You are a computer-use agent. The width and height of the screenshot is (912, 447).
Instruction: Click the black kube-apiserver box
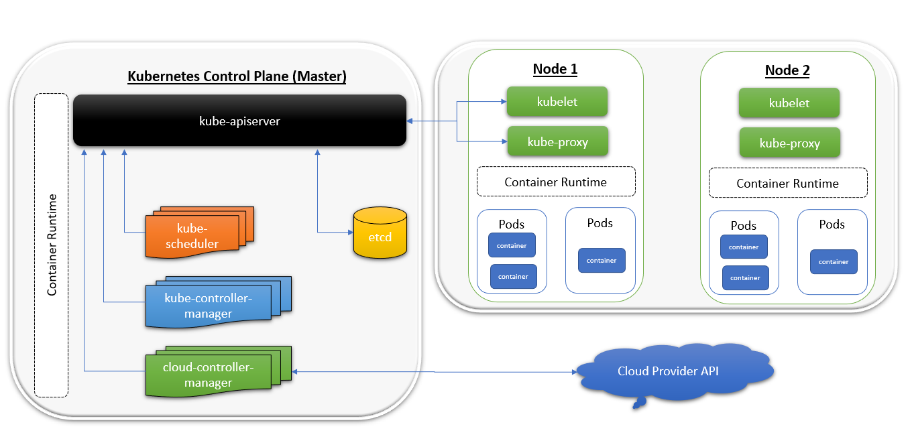point(239,121)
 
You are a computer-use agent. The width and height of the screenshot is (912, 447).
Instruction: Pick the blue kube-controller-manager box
point(208,306)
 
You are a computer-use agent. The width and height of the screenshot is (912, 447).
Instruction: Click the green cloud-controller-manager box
point(208,375)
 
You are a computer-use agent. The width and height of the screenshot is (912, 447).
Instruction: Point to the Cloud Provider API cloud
point(671,371)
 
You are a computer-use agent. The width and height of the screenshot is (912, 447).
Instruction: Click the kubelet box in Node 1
point(557,102)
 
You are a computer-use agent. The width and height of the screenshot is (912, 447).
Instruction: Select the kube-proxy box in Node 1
point(557,141)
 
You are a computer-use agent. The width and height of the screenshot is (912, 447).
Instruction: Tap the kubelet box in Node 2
point(789,103)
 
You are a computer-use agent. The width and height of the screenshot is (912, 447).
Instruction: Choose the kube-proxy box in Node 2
point(789,143)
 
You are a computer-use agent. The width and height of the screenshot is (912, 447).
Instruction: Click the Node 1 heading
point(555,69)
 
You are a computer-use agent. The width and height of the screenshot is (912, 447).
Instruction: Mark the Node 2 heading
point(787,70)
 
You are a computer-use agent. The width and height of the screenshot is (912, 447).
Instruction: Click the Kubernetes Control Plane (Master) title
point(237,76)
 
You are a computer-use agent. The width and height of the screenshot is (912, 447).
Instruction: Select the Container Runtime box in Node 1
point(555,182)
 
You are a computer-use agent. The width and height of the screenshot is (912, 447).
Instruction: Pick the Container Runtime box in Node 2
point(788,183)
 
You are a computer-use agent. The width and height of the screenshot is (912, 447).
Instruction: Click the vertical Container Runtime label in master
point(52,245)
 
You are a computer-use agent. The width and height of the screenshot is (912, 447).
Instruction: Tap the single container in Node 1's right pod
point(602,260)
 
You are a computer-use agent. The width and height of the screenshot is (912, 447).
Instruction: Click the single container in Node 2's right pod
point(834,261)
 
